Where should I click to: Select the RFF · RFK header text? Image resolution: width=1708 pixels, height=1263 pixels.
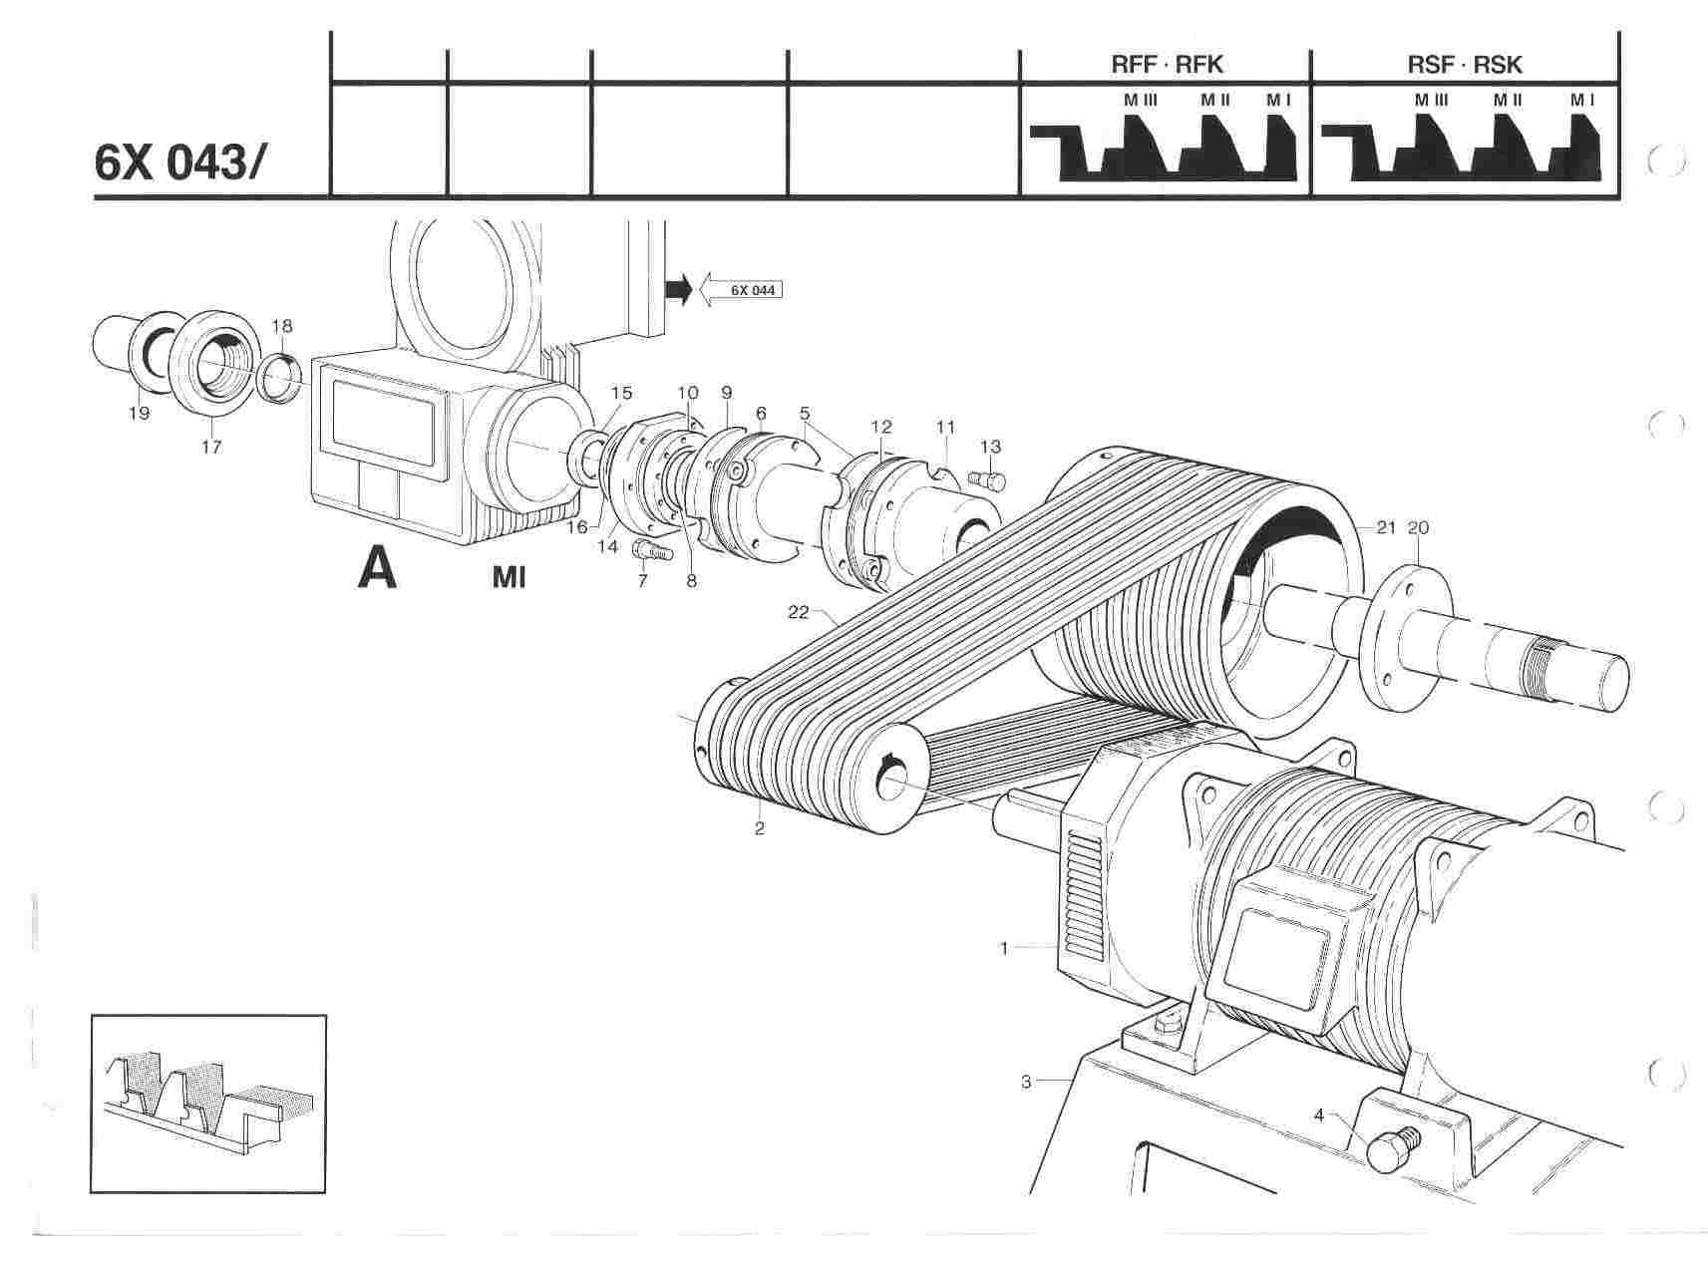pos(1167,66)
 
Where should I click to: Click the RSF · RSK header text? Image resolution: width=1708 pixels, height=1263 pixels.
pos(1465,66)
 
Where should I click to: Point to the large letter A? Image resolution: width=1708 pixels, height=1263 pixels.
pos(378,569)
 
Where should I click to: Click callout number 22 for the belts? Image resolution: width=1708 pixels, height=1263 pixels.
pos(798,612)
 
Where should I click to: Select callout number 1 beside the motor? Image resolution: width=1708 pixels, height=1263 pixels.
pos(1004,948)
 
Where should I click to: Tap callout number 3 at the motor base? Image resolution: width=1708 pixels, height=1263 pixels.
pos(1026,1081)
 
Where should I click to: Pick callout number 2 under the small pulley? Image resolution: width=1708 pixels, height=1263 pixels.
pos(760,828)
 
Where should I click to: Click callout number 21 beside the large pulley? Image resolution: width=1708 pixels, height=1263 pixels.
pos(1385,527)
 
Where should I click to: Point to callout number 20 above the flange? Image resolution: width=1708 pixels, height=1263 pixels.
pos(1418,527)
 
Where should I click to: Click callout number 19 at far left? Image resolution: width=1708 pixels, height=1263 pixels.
pos(139,412)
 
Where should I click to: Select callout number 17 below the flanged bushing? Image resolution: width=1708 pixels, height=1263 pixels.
pos(210,447)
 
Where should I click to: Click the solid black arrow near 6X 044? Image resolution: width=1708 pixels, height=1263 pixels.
pos(678,290)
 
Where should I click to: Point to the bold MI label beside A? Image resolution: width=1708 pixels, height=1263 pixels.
pos(509,576)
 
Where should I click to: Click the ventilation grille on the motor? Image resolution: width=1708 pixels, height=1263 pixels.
pos(1083,888)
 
